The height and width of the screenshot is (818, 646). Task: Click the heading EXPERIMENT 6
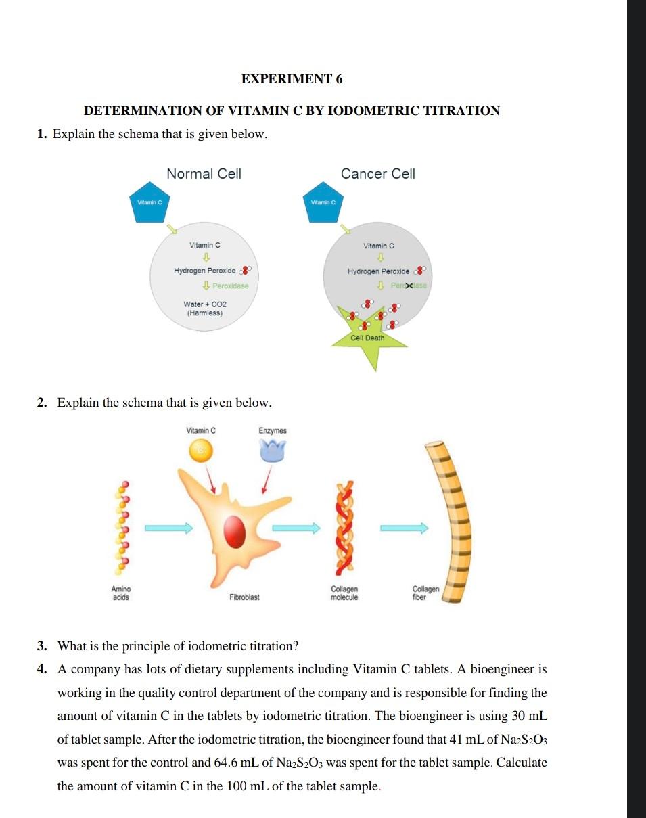(x=292, y=79)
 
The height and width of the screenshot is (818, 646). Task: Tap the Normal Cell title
(x=204, y=174)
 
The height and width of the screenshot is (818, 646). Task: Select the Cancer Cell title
(x=378, y=174)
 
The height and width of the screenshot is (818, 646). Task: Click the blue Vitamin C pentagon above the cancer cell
(x=323, y=203)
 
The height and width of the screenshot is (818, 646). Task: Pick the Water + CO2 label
(x=204, y=304)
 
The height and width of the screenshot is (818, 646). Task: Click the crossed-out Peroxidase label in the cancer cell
(x=409, y=286)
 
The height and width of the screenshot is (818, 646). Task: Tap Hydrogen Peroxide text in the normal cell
(x=204, y=271)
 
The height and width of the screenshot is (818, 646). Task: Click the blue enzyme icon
(x=273, y=449)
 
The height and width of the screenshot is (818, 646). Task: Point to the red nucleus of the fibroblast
(x=234, y=528)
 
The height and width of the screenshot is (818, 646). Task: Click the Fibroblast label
(x=244, y=597)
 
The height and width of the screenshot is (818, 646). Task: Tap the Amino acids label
(x=122, y=593)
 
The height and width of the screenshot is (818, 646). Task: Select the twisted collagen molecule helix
(x=344, y=526)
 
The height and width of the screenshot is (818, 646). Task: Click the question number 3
(x=42, y=646)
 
